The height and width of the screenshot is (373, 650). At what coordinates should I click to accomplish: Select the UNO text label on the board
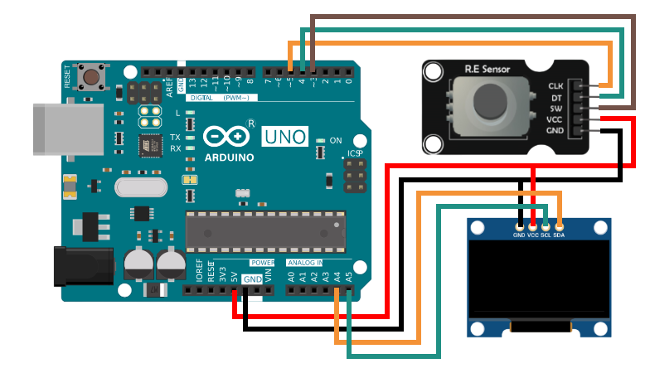pos(284,136)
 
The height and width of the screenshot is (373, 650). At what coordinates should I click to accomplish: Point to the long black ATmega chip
pos(264,230)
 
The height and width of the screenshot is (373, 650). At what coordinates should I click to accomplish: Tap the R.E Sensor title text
pos(487,69)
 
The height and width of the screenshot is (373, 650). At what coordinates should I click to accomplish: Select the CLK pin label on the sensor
pos(555,85)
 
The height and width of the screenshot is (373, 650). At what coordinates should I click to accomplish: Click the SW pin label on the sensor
pos(556,108)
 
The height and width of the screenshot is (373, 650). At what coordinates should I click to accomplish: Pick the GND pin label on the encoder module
pos(555,131)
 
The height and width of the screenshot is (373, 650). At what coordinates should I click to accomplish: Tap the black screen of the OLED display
pos(539,280)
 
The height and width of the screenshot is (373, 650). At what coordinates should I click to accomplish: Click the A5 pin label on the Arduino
pos(349,274)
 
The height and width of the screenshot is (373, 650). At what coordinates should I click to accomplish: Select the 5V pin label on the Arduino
pos(235,274)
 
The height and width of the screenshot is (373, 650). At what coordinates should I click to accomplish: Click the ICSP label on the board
pos(355,153)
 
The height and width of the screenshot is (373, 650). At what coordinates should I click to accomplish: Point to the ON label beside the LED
pos(335,141)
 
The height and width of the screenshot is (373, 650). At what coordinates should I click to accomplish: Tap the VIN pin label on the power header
pos(268,274)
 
